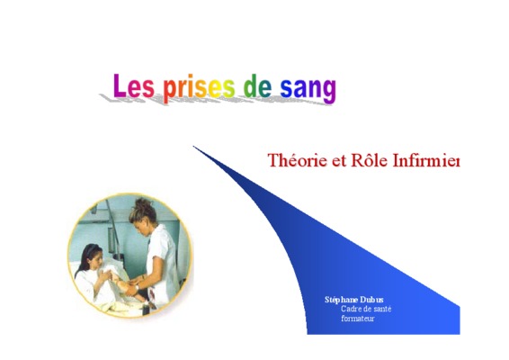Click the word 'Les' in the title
pyautogui.click(x=133, y=85)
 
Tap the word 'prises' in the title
pyautogui.click(x=199, y=87)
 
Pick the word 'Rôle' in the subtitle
pyautogui.click(x=370, y=160)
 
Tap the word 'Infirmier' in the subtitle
pyautogui.click(x=426, y=160)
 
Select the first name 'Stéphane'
pyautogui.click(x=341, y=300)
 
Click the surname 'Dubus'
pyautogui.click(x=372, y=300)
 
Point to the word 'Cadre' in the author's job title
pyautogui.click(x=350, y=309)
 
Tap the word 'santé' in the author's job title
pyautogui.click(x=382, y=309)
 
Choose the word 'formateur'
pyautogui.click(x=358, y=319)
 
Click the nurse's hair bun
pyautogui.click(x=144, y=206)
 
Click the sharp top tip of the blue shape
pyautogui.click(x=193, y=147)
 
